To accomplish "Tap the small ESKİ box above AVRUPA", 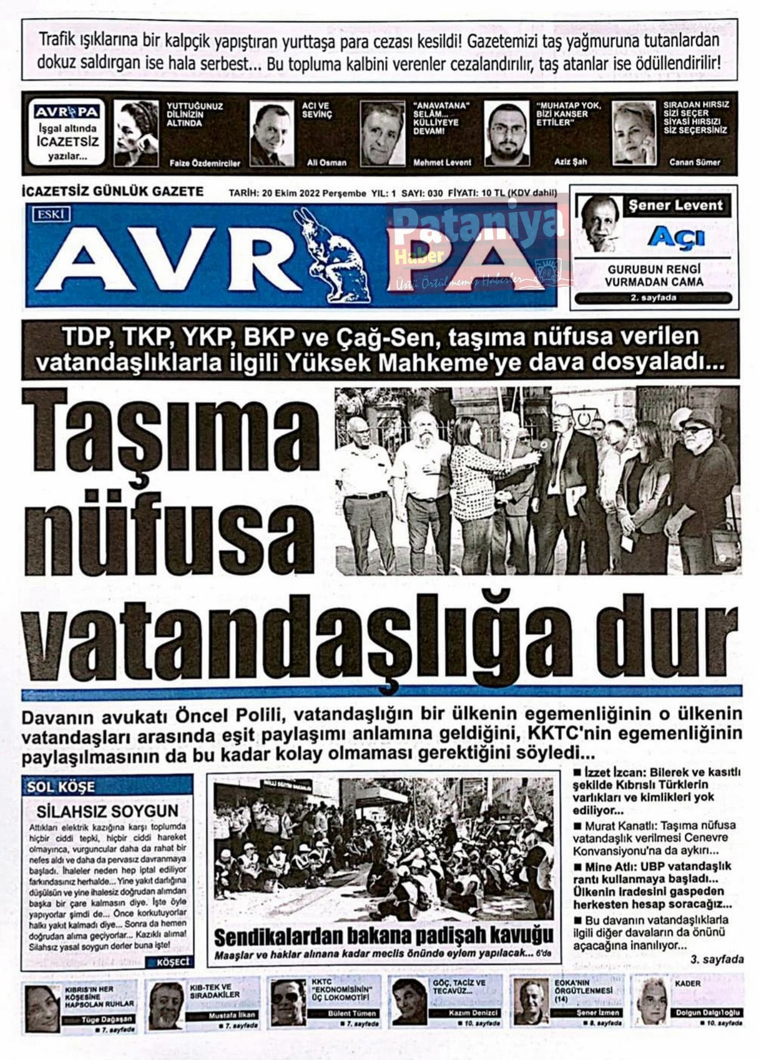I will point(52,214).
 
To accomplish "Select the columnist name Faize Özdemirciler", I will point(205,163).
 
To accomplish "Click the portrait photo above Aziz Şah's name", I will point(506,134).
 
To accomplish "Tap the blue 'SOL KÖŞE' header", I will point(61,787).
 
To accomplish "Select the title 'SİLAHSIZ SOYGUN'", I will point(107,811).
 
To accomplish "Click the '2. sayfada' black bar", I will point(653,298).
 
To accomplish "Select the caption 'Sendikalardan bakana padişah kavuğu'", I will point(383,935).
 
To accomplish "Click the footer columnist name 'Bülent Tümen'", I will point(352,1013).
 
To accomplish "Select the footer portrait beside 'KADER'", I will point(652,1001).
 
